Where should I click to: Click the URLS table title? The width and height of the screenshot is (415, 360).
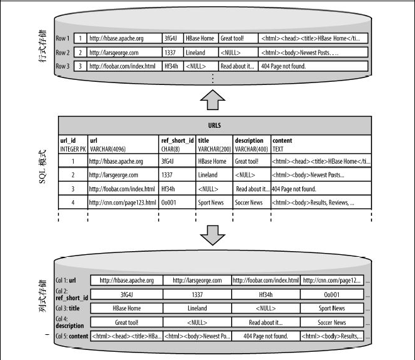[x=214, y=125]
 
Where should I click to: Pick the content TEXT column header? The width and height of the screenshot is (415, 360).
[x=282, y=144]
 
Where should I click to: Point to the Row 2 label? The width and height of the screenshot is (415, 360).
[x=62, y=52]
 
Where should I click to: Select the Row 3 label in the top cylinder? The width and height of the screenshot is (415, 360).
[x=62, y=66]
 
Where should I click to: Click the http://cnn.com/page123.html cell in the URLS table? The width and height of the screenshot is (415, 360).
[x=123, y=203]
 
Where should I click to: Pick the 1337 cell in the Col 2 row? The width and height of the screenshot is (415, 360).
[x=197, y=295]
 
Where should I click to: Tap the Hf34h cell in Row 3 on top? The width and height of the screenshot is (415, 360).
[x=172, y=66]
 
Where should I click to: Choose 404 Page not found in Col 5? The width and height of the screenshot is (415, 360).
[x=265, y=336]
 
